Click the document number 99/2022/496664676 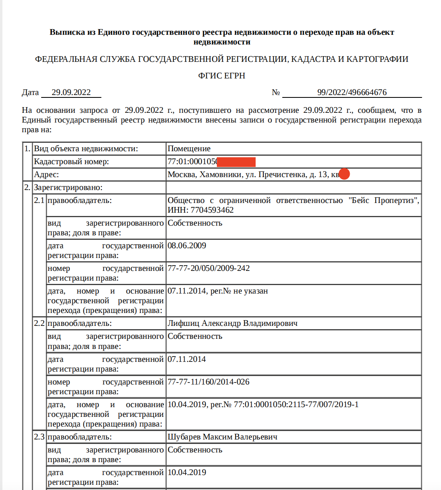click(x=352, y=93)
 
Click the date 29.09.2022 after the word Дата click(x=71, y=93)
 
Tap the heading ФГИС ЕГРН click(x=222, y=76)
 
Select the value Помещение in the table click(x=189, y=149)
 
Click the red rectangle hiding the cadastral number click(x=236, y=162)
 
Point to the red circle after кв click(x=344, y=174)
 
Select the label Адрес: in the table click(x=46, y=175)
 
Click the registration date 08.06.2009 click(x=187, y=246)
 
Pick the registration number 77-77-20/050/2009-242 click(x=208, y=268)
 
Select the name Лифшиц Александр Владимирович click(x=232, y=323)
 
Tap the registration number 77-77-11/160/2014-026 click(x=208, y=382)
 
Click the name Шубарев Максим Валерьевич click(x=222, y=437)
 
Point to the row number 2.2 click(x=39, y=323)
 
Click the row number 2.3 click(x=39, y=437)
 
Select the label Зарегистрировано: click(x=68, y=188)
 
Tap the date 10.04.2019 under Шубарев click(x=187, y=473)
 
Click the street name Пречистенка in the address click(x=282, y=175)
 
